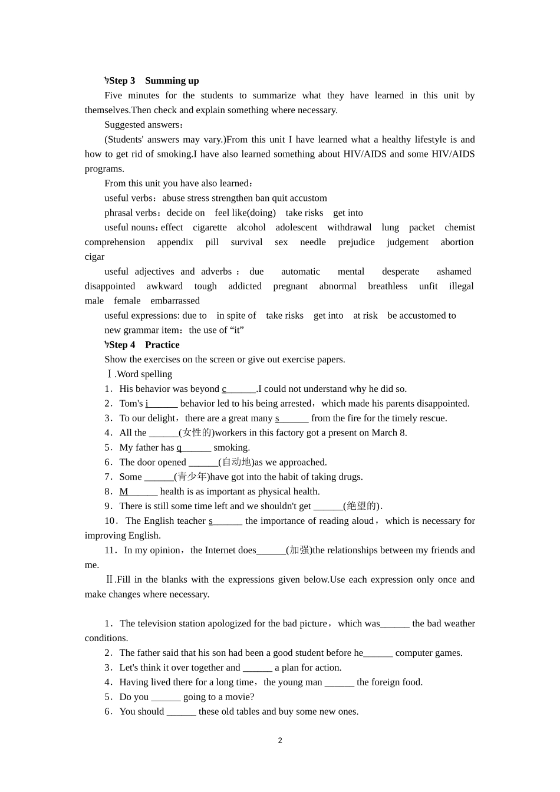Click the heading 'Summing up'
[172, 81]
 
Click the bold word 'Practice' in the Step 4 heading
[162, 345]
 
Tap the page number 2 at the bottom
[280, 741]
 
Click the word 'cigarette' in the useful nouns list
[210, 227]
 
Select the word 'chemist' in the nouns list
[460, 227]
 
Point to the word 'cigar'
[94, 257]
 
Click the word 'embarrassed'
[175, 301]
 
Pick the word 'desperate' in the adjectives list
[400, 272]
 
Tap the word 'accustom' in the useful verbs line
[308, 198]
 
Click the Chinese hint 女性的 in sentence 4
[196, 433]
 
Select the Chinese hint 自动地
[236, 462]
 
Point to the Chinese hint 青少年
[192, 477]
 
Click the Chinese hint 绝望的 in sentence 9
[361, 506]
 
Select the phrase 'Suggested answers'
[142, 125]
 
